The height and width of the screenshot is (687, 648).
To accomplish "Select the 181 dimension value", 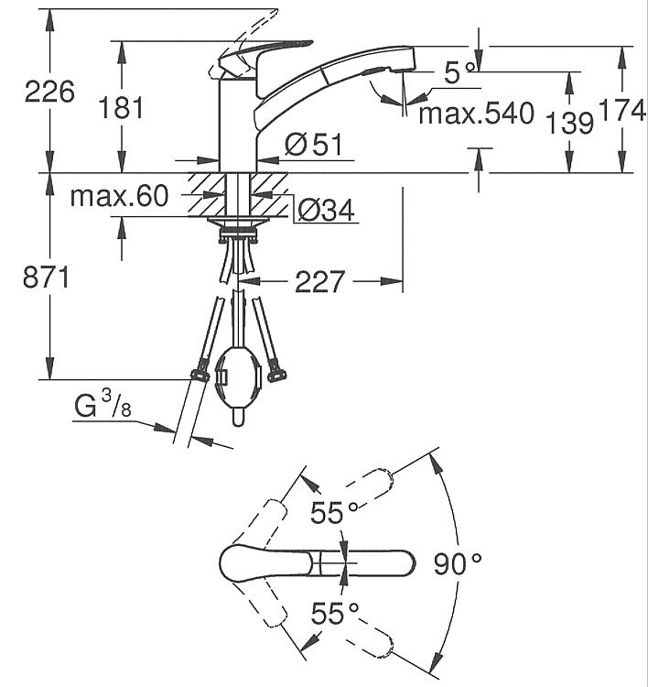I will click(122, 107).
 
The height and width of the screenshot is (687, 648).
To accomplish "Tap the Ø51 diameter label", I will click(313, 144).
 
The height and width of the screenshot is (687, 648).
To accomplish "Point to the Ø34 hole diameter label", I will click(325, 211).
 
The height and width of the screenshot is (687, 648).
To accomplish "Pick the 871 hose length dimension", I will click(46, 278).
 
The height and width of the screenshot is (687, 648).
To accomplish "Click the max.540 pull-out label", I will click(476, 114).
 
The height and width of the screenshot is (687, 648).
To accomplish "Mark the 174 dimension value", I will click(622, 111).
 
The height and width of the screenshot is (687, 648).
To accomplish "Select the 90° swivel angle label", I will click(457, 564).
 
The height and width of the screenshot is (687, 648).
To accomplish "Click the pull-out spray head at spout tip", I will click(389, 66).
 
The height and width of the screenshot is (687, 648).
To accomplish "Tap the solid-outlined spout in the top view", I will click(320, 562).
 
